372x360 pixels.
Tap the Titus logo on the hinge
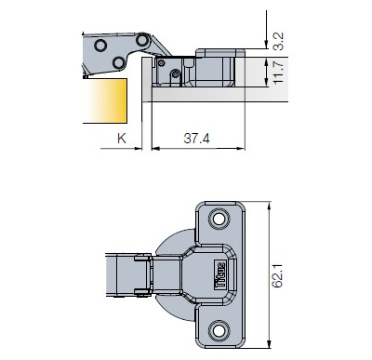tap(222, 276)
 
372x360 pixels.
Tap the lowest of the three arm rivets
tap(120, 62)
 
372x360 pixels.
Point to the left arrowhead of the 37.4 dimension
tap(154, 148)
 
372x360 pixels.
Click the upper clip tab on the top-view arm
tap(142, 264)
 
